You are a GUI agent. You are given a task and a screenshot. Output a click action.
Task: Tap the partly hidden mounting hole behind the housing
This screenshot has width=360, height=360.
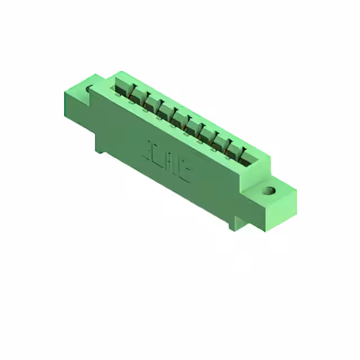(89, 88)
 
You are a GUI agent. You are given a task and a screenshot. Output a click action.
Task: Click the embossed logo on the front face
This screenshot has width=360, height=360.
(169, 161)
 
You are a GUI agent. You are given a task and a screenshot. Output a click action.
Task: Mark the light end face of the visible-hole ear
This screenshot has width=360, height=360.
(281, 214)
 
